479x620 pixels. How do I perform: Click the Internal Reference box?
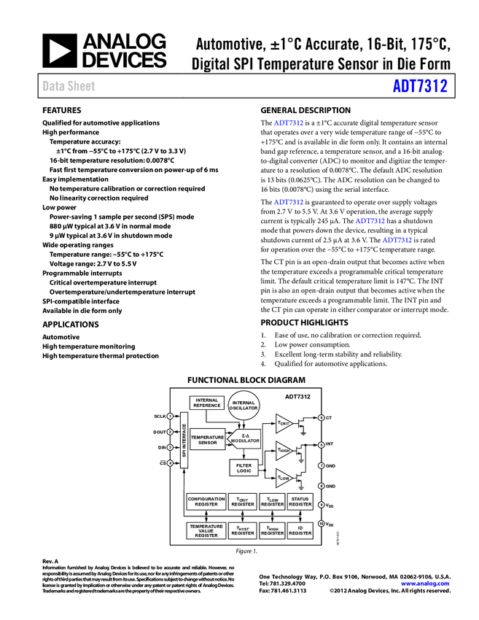(x=207, y=403)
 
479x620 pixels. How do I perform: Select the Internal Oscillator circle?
(x=244, y=406)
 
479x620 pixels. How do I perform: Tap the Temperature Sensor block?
(x=208, y=439)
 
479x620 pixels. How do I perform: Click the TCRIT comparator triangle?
(x=284, y=423)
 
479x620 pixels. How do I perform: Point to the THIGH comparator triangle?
(x=284, y=451)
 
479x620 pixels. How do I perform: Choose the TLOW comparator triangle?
(x=284, y=478)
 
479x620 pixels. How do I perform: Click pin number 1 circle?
(x=170, y=416)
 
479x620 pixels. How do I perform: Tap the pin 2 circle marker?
(x=170, y=432)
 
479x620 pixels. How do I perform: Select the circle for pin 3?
(x=170, y=447)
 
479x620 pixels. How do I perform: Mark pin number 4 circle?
(x=170, y=463)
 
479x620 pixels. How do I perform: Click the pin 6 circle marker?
(x=322, y=418)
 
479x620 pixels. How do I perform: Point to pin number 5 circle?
(x=322, y=445)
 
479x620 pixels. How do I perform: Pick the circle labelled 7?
(x=322, y=465)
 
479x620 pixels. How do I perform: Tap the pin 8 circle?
(x=322, y=486)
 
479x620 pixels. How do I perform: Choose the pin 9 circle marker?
(x=322, y=505)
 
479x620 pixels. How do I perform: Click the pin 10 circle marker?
(x=322, y=524)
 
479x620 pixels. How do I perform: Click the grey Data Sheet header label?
(x=69, y=87)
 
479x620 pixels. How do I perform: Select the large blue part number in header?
(x=420, y=86)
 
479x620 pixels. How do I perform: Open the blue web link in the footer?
(x=425, y=584)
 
